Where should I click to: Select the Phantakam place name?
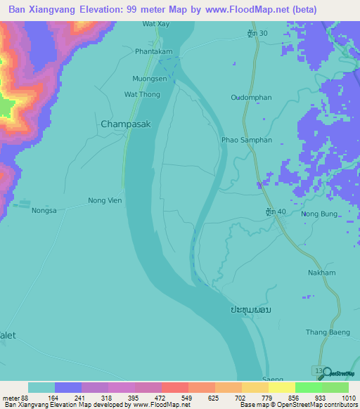[x=155, y=51]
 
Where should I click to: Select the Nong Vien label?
[x=105, y=200]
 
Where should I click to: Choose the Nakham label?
[x=321, y=273]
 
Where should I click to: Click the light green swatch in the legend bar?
[x=309, y=387]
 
